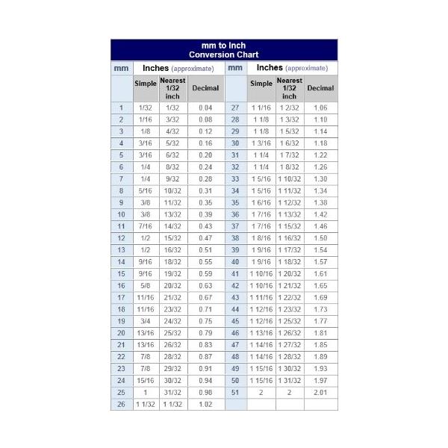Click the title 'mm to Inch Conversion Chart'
point(224,50)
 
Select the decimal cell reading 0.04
point(205,108)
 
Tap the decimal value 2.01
point(320,392)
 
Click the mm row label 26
point(121,404)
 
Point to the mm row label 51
point(235,392)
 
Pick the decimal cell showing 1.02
point(205,404)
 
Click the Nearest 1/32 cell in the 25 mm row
point(172,392)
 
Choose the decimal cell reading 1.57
point(320,262)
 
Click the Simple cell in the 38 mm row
point(261,238)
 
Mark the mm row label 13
point(121,250)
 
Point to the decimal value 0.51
point(205,250)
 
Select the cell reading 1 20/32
point(289,274)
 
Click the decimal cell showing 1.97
point(320,380)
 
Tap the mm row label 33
point(235,179)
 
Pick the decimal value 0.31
point(205,190)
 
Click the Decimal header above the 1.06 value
point(320,88)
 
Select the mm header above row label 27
point(235,68)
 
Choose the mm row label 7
point(121,179)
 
